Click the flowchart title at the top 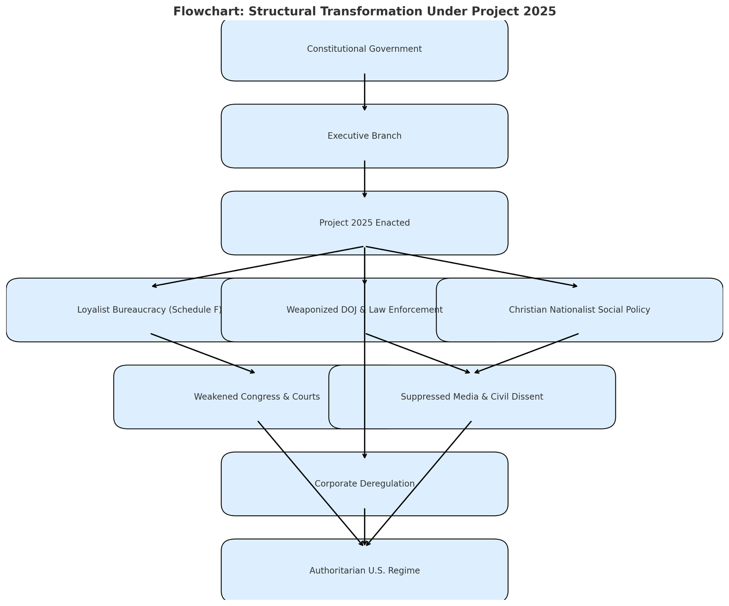click(x=364, y=11)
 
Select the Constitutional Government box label click(x=364, y=49)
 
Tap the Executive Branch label click(x=364, y=136)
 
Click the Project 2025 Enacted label click(x=364, y=223)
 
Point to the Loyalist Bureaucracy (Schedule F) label click(x=149, y=310)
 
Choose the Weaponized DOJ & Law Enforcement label click(x=364, y=310)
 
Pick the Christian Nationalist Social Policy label click(x=580, y=310)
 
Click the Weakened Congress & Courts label click(x=257, y=397)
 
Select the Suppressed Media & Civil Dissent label click(x=472, y=397)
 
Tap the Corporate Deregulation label click(x=364, y=484)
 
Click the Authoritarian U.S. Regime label click(x=364, y=571)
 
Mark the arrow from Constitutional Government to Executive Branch click(x=364, y=92)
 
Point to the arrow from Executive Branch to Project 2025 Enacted click(x=364, y=179)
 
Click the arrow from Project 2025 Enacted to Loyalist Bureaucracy click(x=258, y=267)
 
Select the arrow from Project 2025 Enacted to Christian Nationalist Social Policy click(x=472, y=267)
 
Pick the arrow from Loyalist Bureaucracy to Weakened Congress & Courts click(x=203, y=353)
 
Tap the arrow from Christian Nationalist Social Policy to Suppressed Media click(x=526, y=353)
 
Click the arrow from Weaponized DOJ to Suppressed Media click(x=418, y=353)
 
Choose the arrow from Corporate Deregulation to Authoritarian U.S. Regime click(x=364, y=527)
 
